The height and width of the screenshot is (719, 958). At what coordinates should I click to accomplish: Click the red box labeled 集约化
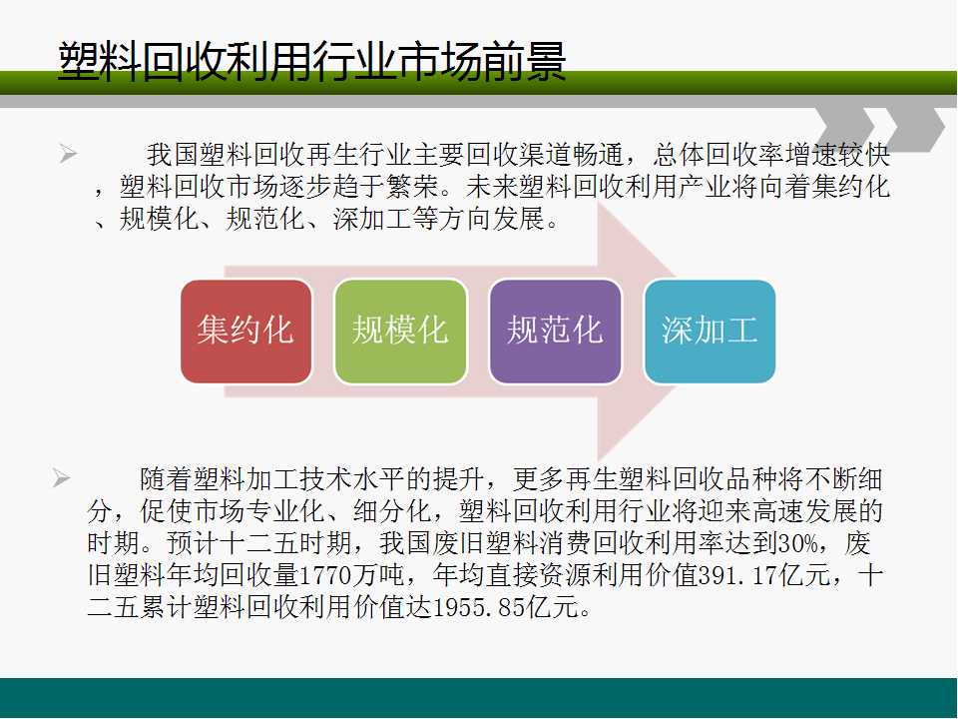pos(246,332)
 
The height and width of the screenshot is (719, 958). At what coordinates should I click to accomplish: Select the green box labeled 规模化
pos(401,332)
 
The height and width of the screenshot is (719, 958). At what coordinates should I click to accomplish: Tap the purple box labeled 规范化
pos(556,332)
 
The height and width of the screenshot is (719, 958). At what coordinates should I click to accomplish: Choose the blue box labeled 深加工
pos(710,332)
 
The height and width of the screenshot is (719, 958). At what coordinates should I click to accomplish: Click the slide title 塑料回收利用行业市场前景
pos(312,61)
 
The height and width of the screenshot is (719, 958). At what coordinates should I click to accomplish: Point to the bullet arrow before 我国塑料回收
pos(69,154)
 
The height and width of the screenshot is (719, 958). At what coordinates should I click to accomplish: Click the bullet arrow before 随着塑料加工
pos(61,477)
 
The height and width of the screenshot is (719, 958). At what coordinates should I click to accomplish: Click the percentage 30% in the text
pos(798,543)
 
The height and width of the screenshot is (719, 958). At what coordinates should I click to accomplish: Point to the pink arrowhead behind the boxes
pos(636,332)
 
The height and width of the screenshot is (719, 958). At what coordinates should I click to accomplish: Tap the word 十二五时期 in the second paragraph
pos(285,543)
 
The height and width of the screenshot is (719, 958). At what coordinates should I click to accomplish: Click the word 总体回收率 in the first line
pos(718,155)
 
